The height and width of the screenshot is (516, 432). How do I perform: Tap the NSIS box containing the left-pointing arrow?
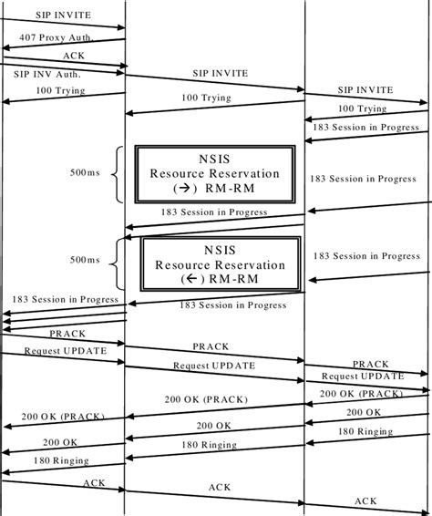point(219,264)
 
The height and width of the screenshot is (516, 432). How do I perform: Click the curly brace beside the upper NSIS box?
point(116,172)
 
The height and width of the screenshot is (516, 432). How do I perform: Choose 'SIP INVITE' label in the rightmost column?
point(365,90)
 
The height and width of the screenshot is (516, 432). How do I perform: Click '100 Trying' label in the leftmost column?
point(60,91)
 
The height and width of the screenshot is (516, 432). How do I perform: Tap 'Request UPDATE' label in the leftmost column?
point(65,350)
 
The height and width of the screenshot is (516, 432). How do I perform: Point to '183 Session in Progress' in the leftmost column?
point(65,299)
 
